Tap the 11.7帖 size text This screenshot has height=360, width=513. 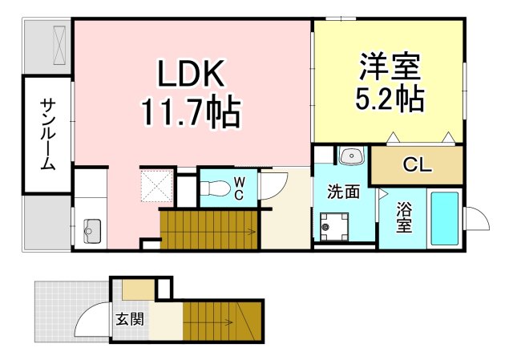pyautogui.click(x=191, y=114)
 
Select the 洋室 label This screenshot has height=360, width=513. pyautogui.click(x=390, y=65)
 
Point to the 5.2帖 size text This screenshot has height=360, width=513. pyautogui.click(x=390, y=99)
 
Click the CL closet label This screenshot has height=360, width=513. pyautogui.click(x=417, y=166)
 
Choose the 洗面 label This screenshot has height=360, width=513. pyautogui.click(x=342, y=192)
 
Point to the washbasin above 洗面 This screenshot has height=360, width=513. pyautogui.click(x=350, y=156)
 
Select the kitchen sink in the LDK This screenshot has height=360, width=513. pyautogui.click(x=88, y=229)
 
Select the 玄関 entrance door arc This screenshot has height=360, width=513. pyautogui.click(x=91, y=321)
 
